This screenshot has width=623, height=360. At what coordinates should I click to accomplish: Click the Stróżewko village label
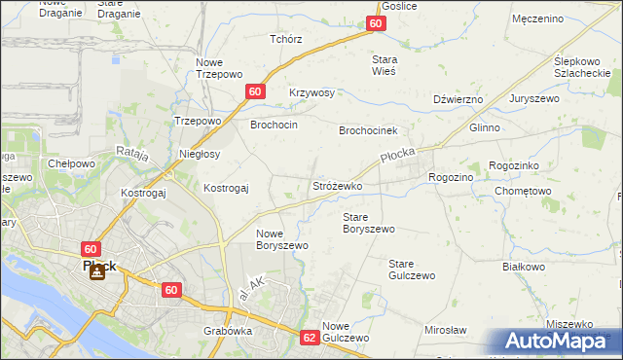point(337,185)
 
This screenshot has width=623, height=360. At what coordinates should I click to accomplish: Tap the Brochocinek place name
point(376,129)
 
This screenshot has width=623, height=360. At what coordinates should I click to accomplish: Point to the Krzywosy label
point(311,92)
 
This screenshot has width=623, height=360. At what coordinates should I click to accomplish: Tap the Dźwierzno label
point(458,99)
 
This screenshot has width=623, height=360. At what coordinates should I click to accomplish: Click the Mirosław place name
point(446,330)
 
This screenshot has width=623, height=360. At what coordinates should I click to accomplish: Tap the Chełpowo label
point(71,163)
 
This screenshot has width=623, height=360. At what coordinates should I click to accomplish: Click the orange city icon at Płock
point(95,272)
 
